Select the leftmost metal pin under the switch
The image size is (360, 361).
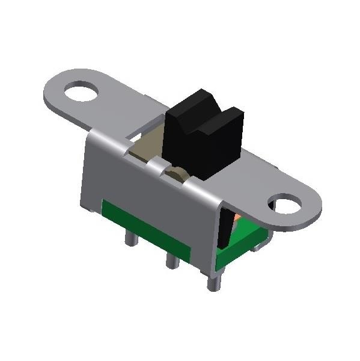(129, 238)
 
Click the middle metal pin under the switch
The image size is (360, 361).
(170, 260)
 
